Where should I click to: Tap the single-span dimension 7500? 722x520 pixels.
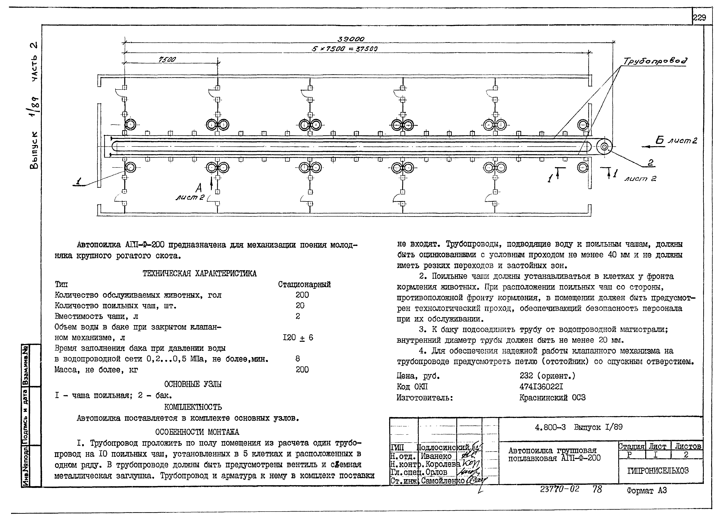[167, 59]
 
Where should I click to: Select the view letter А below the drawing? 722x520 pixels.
[199, 188]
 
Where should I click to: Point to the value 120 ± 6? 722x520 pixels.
[298, 337]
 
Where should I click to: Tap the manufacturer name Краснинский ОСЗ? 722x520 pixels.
[552, 398]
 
